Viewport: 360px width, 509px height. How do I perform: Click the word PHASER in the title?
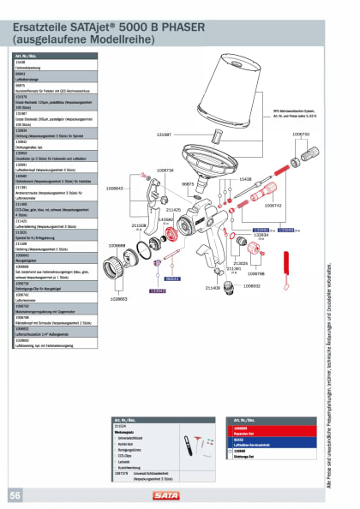coord(177,27)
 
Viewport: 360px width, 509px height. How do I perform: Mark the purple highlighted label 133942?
coord(158,292)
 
